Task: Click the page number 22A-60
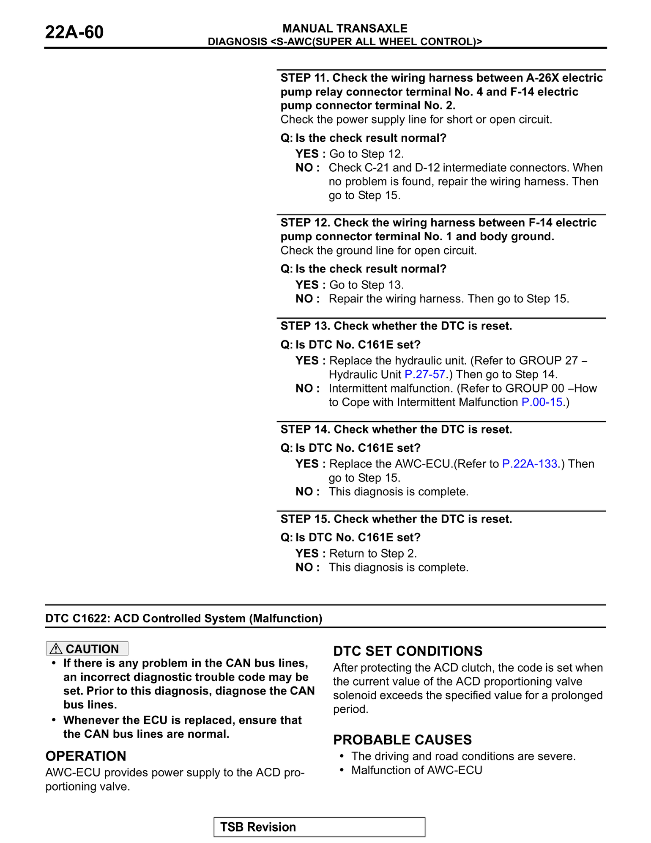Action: coord(74,33)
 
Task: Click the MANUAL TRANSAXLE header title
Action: coord(345,28)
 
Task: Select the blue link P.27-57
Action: coord(424,374)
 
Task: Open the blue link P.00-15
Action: coord(542,402)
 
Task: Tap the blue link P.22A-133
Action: coord(529,464)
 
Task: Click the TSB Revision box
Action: coord(319,827)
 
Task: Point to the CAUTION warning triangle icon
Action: coord(56,648)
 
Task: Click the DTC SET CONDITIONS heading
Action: coord(408,651)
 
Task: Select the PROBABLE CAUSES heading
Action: coord(402,740)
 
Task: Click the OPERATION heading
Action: coord(86,756)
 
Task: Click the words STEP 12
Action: coord(305,223)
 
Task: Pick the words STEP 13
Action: coord(305,326)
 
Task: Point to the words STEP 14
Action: coord(305,429)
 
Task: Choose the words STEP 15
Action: coord(305,519)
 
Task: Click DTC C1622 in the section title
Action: coord(77,618)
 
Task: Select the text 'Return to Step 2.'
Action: coord(373,554)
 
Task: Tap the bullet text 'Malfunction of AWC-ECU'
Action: coord(416,770)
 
